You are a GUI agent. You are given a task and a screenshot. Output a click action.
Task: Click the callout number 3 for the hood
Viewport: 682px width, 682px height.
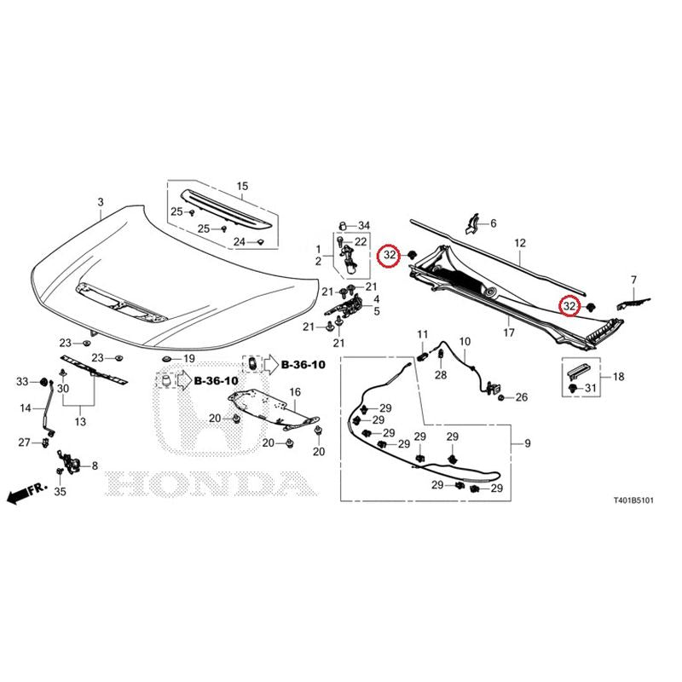coord(101,202)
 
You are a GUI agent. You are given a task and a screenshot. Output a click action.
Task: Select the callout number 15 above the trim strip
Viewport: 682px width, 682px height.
coord(242,186)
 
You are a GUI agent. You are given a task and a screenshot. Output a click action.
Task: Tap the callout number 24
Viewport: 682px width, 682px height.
coord(240,242)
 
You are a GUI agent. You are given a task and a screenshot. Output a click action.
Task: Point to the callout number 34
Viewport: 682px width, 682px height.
coord(364,225)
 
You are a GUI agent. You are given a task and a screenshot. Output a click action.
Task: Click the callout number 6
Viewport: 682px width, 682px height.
coord(494,223)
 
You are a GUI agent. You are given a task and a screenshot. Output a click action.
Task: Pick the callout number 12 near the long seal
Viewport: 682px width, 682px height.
coord(520,243)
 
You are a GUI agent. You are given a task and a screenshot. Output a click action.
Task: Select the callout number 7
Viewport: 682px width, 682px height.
coord(633,280)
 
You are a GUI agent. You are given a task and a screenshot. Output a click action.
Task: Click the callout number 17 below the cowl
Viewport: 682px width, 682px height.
coord(509,332)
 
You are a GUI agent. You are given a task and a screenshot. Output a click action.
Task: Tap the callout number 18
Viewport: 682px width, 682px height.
coord(619,377)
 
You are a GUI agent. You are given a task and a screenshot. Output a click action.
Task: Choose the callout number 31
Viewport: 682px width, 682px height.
coord(590,388)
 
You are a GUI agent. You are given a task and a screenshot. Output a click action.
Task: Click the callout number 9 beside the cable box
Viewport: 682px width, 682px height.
coord(528,443)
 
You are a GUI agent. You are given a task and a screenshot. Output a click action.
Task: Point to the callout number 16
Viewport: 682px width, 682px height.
coord(295,392)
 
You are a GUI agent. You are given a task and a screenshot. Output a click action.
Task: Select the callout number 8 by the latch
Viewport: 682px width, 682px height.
coord(95,466)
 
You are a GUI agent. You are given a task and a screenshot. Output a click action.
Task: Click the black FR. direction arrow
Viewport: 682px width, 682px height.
coord(17,496)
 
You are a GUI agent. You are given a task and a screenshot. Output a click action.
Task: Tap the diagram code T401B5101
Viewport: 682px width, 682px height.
coord(633,500)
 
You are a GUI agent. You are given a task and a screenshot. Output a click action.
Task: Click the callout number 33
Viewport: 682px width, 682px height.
coord(22,382)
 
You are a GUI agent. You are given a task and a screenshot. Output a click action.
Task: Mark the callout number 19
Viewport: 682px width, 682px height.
coord(189,359)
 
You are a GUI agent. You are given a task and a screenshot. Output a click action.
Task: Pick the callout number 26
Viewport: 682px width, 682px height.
coord(522,397)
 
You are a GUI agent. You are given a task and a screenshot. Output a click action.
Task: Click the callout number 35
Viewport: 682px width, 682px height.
coord(60,492)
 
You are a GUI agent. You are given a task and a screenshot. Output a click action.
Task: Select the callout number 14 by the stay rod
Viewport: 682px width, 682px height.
coord(26,408)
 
